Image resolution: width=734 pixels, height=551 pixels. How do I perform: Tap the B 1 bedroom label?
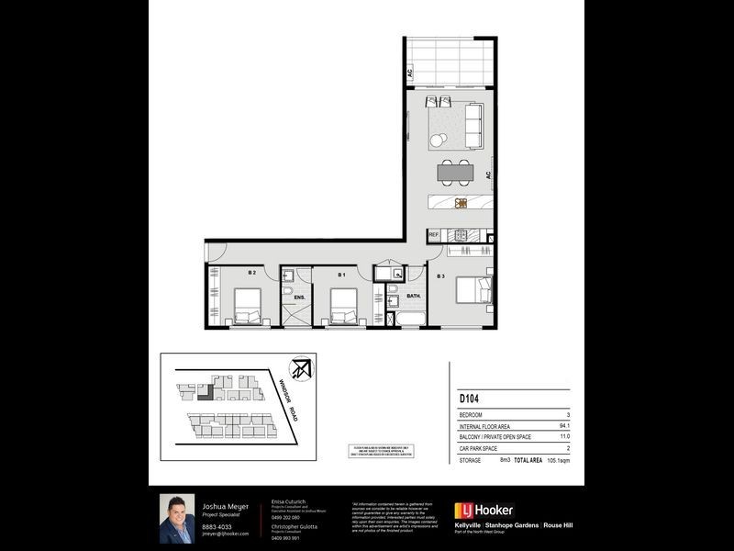pos(340,274)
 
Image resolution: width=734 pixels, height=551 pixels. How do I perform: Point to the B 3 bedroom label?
pos(440,275)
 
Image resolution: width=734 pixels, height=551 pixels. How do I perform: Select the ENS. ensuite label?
pos(298,297)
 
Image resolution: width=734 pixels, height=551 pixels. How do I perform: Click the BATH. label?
pos(414,296)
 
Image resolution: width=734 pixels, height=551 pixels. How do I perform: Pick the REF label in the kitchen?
pos(434,235)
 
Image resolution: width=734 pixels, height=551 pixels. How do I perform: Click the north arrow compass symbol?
pos(299,371)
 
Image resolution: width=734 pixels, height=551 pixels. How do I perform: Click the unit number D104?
pos(471,399)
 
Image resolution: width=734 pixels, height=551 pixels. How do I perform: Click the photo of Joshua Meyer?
pos(177,519)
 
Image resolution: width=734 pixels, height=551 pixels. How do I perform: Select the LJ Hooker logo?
pos(484,510)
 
